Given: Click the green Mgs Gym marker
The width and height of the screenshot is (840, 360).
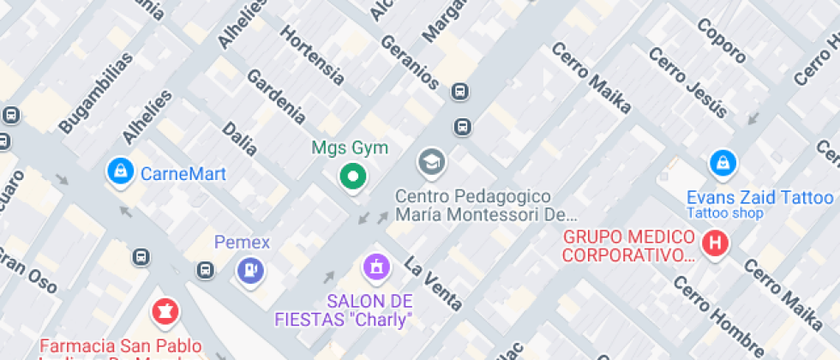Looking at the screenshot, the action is click(351, 177).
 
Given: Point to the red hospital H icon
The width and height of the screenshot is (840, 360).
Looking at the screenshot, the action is click(714, 244).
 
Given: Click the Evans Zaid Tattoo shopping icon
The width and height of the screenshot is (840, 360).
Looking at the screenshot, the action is click(723, 161).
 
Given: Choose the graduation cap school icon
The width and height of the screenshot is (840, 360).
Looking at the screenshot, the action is click(431, 161).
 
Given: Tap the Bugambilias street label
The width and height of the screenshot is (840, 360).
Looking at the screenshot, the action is click(96, 93).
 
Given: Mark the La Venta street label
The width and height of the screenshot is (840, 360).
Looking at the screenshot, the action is click(433, 283).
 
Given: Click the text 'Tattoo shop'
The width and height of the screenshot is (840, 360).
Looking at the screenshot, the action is click(725, 213).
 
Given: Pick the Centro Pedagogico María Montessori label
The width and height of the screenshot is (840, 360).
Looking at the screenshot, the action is click(485, 206).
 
